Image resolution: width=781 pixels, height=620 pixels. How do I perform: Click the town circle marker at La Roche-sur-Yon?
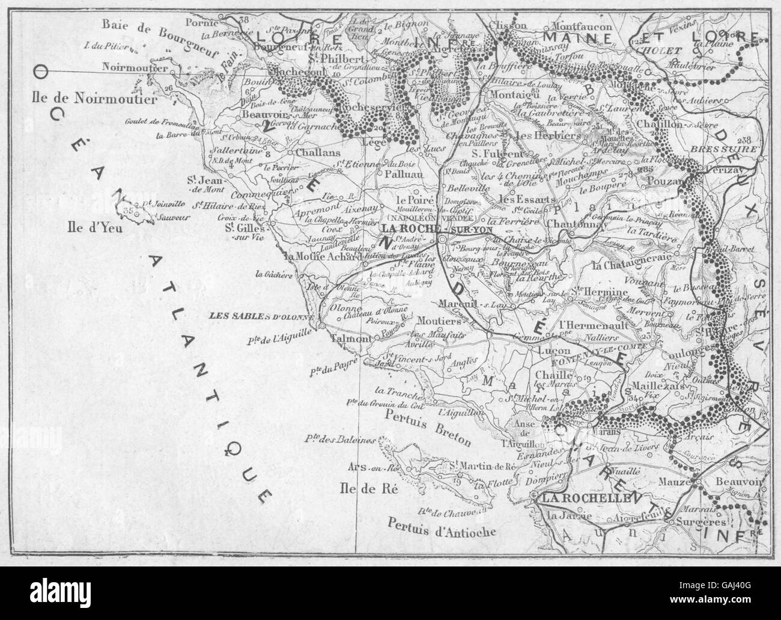pyautogui.click(x=442, y=239)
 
